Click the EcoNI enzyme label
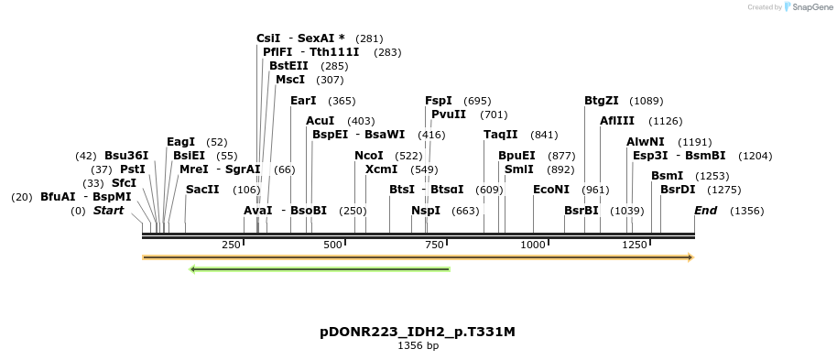(550, 190)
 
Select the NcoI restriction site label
(368, 156)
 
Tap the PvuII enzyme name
(449, 115)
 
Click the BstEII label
(288, 66)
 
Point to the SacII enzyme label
(202, 190)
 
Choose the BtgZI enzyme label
(602, 101)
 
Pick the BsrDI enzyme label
(678, 190)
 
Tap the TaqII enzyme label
(501, 135)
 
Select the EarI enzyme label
(303, 101)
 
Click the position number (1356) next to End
(746, 211)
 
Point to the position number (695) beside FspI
(477, 101)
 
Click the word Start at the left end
(108, 211)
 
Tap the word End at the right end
(705, 211)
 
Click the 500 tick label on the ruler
(333, 245)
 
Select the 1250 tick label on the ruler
(635, 245)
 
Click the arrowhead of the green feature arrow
(193, 269)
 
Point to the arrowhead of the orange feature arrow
(690, 257)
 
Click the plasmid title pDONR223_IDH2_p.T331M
(417, 332)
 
